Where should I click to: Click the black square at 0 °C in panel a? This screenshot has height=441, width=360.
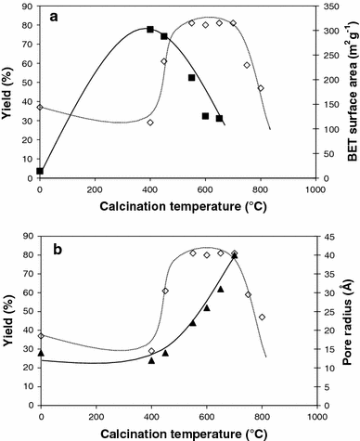click(x=40, y=171)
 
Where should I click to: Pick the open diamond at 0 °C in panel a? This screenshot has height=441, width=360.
click(x=40, y=107)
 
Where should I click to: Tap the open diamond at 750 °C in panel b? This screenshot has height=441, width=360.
click(x=248, y=294)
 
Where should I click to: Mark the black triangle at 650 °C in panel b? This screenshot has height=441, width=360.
click(x=220, y=289)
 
